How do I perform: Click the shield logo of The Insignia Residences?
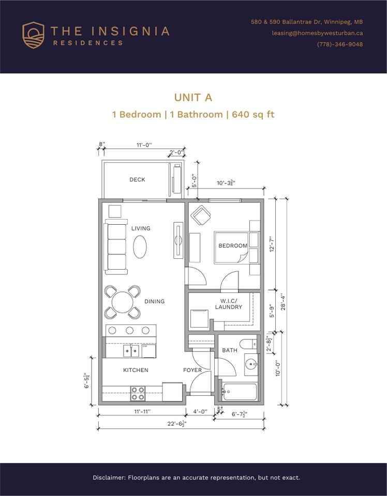[33, 35]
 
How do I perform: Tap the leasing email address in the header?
[317, 33]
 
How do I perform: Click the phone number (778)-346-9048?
[340, 44]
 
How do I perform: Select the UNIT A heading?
[193, 98]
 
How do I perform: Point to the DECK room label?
[137, 180]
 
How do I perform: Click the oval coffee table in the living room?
[140, 247]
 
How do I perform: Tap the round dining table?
[123, 302]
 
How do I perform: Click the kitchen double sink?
[131, 351]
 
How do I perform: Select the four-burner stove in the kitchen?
[138, 394]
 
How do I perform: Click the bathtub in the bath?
[239, 392]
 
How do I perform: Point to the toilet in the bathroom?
[248, 344]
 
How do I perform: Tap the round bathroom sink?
[251, 364]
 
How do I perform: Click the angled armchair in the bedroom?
[201, 215]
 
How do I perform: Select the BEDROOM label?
[233, 246]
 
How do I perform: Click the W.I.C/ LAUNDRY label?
[229, 304]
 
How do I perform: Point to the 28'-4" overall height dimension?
[283, 303]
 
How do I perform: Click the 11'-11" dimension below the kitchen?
[142, 412]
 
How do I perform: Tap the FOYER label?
[192, 370]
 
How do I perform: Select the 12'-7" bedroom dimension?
[272, 244]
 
